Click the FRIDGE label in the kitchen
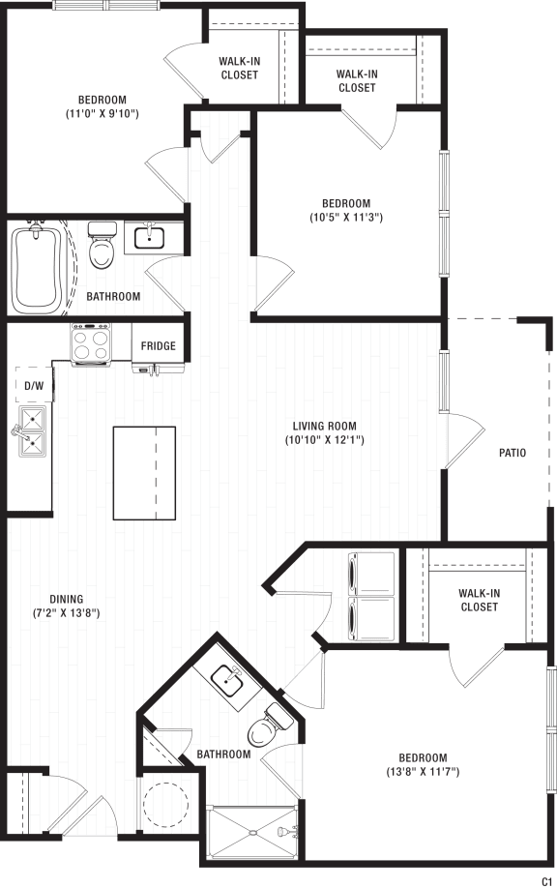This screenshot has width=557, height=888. point(159,346)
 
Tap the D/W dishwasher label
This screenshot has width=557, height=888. point(34,386)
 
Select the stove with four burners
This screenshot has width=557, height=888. point(91,343)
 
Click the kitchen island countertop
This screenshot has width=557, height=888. point(144,473)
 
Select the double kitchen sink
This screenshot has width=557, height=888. point(31,431)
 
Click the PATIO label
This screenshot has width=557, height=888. point(512,452)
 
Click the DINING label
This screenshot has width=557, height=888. point(68,598)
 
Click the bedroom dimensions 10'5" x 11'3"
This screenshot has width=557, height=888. point(345,219)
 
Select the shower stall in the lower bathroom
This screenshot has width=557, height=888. point(254,830)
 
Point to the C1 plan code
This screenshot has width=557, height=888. point(547,878)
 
